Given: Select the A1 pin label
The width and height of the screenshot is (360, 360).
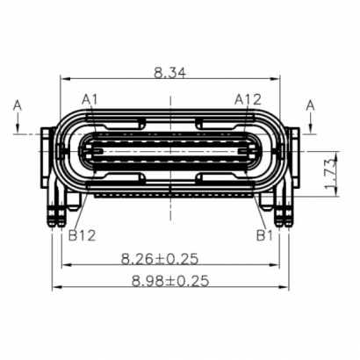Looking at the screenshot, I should (90, 99).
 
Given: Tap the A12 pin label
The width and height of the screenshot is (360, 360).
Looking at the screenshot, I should (248, 99).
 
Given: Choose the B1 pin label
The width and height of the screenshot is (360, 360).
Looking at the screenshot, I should (264, 234).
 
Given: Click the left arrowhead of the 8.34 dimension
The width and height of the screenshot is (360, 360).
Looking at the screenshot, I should (64, 80).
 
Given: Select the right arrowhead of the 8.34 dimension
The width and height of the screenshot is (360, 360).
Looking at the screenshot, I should (279, 80).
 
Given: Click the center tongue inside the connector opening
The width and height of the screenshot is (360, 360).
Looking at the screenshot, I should (170, 151).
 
